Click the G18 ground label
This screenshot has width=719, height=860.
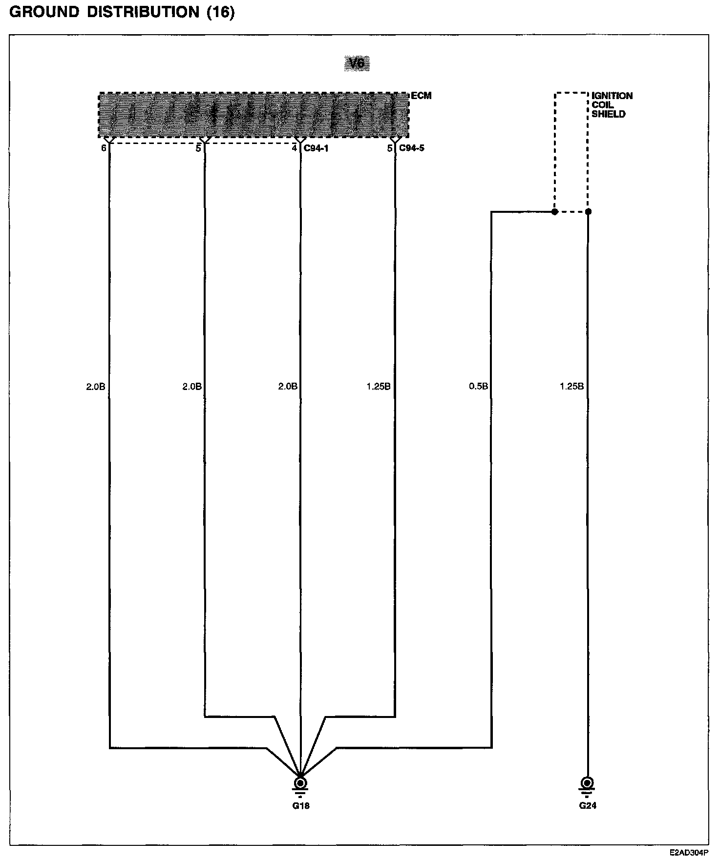(301, 805)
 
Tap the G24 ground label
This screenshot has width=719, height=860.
(588, 805)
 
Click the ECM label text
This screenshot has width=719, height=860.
(421, 96)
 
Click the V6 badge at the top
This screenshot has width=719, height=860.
(357, 63)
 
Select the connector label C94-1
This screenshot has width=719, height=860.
(316, 148)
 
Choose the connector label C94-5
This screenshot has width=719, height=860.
(412, 148)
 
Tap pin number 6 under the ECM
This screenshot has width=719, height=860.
(104, 148)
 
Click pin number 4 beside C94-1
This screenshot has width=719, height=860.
(295, 148)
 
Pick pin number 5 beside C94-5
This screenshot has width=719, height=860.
(390, 148)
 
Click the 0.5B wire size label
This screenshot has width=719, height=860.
(478, 387)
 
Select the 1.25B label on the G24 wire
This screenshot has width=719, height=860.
(571, 387)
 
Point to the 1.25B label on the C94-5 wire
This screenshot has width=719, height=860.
(379, 387)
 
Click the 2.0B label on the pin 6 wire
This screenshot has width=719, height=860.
(96, 387)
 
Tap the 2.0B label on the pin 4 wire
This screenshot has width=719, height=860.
(288, 387)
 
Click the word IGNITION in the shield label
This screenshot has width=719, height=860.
(612, 96)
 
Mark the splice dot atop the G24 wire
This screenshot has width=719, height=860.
(588, 212)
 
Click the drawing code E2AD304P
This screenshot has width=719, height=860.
(689, 853)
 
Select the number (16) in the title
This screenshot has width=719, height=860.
(221, 13)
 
